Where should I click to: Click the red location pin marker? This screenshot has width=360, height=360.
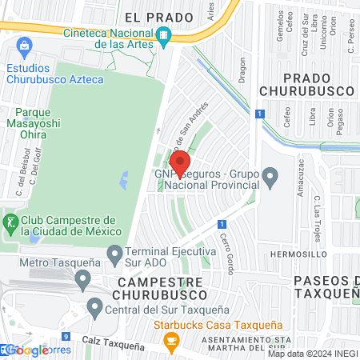pos(180,162)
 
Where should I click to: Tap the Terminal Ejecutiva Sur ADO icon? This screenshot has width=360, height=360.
pos(115,255)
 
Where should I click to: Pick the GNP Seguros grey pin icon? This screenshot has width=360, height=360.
pos(270,176)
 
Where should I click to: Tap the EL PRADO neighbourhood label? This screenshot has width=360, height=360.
pos(159,17)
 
